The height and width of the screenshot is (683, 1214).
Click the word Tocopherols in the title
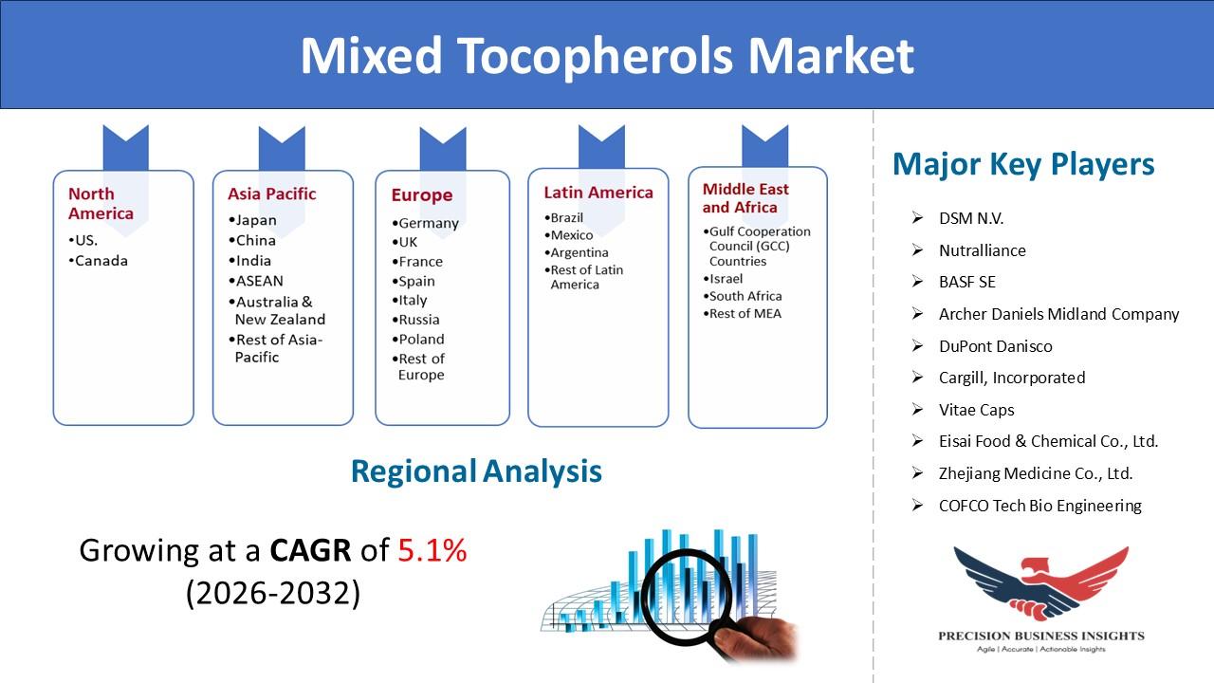595,56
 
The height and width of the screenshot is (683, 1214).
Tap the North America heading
101,203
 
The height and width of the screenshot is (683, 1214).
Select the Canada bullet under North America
98,261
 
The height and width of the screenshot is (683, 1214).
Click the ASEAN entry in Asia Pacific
255,281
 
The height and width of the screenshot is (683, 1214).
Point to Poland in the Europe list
418,340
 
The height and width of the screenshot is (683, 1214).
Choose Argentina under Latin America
576,252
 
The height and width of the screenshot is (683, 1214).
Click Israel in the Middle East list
723,279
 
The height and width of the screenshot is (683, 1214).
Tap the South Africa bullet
743,296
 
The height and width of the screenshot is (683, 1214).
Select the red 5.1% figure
432,550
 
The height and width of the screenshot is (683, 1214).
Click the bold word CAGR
310,550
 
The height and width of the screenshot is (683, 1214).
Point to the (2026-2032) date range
273,593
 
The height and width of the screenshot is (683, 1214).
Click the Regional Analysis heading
476,471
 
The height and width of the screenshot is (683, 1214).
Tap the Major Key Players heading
1023,164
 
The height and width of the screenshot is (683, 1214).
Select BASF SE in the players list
966,282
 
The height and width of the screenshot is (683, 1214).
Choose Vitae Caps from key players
977,410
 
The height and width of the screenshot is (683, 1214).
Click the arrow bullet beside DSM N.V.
917,217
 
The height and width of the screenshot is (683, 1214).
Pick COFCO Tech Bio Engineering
1040,506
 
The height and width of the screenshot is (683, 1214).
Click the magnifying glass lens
687,597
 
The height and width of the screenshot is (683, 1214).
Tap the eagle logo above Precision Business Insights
1041,582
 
